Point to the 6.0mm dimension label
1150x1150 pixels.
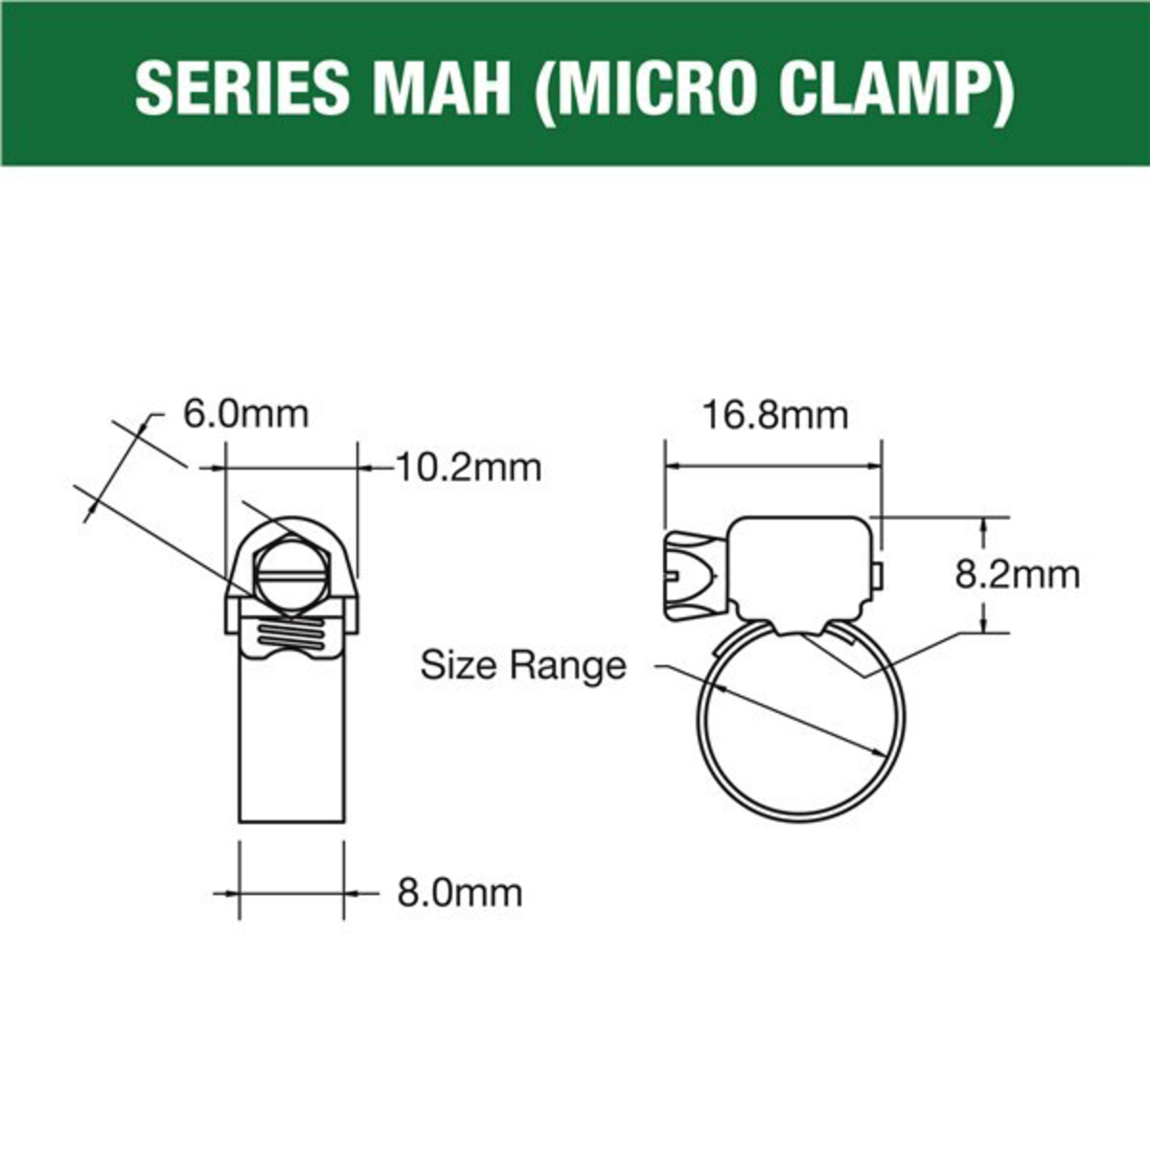[245, 415]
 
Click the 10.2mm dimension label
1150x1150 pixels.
[469, 468]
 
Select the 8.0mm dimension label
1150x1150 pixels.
[460, 893]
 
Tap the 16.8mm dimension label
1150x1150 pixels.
[775, 416]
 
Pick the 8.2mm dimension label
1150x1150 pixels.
[1018, 574]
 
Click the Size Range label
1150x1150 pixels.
[523, 665]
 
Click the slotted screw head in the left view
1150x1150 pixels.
[292, 579]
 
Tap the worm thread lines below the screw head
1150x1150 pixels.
[291, 634]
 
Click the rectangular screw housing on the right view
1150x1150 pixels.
[800, 568]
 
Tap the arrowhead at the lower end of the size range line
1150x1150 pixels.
[879, 753]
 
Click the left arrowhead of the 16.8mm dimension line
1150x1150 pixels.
[672, 467]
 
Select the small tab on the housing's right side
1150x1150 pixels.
[879, 574]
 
